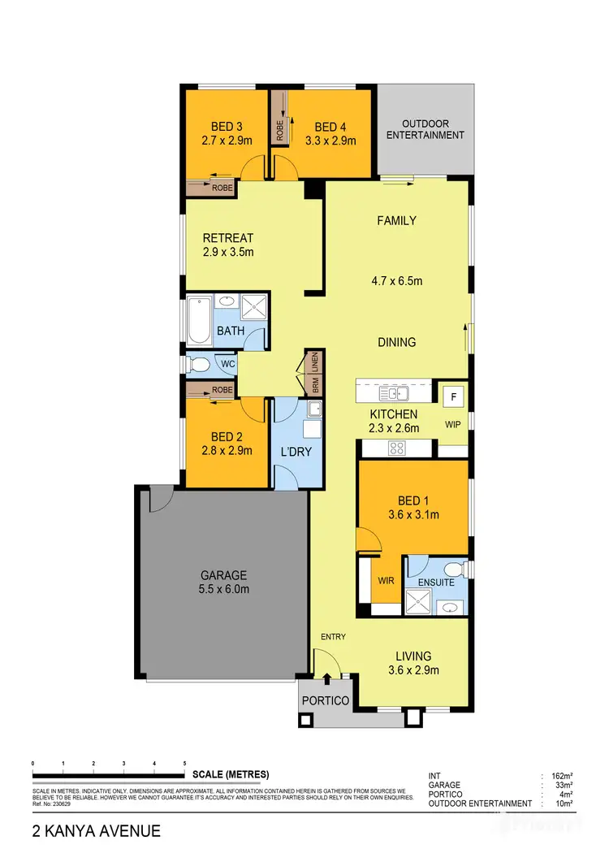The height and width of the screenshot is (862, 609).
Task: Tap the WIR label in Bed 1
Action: tap(387, 582)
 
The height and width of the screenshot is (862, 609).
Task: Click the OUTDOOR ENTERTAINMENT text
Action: tap(425, 129)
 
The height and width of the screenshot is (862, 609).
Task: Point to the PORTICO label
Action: tap(325, 700)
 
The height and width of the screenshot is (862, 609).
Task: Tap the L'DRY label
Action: tap(296, 451)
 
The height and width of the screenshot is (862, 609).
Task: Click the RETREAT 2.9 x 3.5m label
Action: tap(228, 245)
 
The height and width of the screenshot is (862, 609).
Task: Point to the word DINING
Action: tap(396, 342)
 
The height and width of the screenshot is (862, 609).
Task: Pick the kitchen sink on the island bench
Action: tap(398, 395)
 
